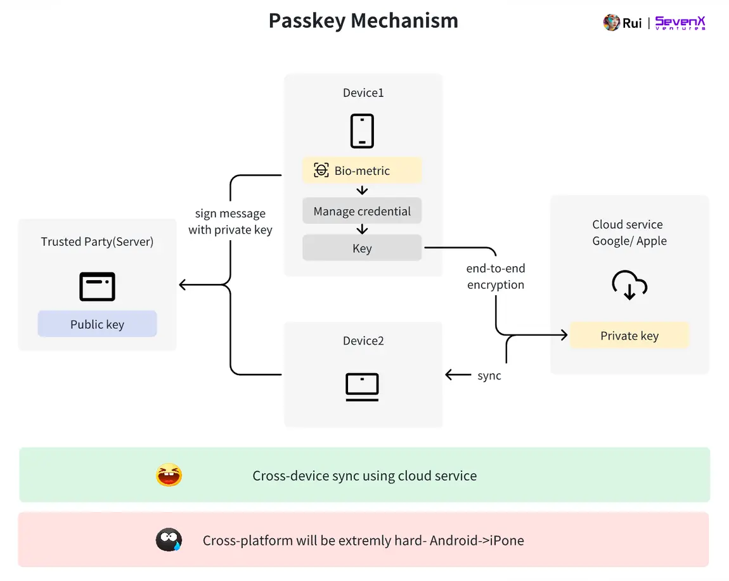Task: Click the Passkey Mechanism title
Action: [363, 21]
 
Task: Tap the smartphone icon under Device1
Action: [362, 131]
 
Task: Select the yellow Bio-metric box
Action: [362, 170]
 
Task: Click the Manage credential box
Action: [362, 212]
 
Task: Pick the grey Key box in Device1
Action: [362, 248]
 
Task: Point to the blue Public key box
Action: [97, 324]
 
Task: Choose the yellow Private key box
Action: [629, 336]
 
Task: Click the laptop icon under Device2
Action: [362, 386]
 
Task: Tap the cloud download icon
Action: [629, 285]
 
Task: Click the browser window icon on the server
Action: [97, 286]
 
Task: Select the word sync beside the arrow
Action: [489, 376]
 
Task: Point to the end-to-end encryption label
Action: [496, 277]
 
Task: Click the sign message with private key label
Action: [230, 222]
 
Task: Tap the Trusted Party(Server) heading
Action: [97, 241]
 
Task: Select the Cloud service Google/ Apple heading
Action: [629, 233]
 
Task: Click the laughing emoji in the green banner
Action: [169, 475]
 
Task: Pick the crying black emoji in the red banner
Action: [169, 540]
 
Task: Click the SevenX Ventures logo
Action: [680, 23]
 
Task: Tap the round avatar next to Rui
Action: [611, 23]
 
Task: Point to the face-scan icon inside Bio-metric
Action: [321, 170]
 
